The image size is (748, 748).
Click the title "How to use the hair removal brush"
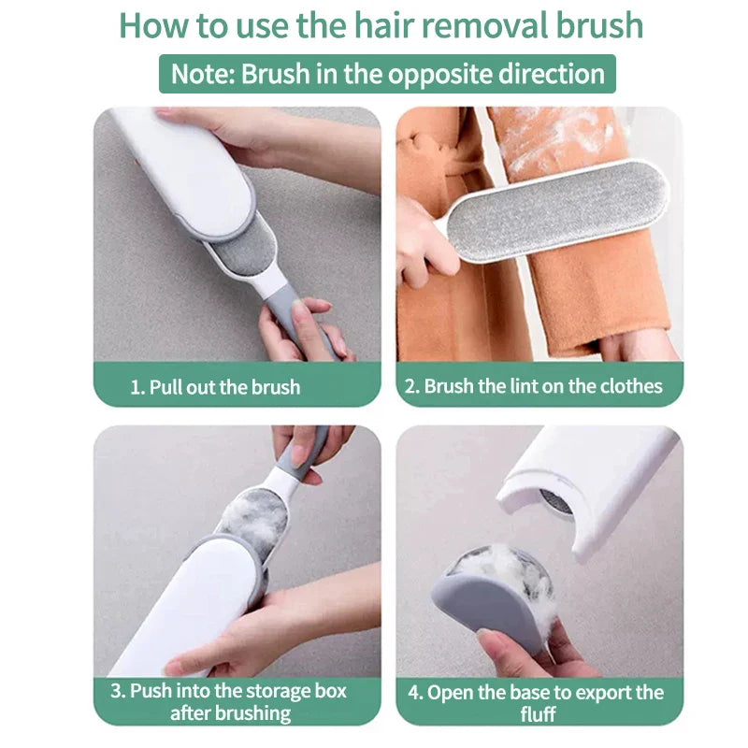(381, 25)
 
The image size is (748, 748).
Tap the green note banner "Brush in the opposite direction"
(387, 74)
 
